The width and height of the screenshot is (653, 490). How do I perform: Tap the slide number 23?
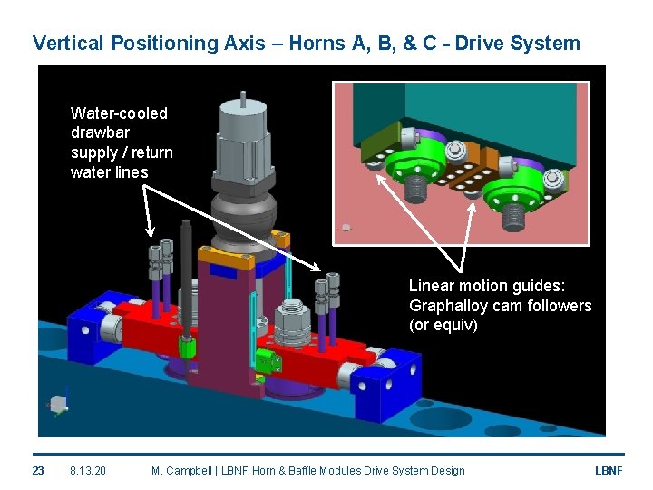coord(38,470)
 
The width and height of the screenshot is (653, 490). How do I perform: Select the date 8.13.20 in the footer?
coord(87,470)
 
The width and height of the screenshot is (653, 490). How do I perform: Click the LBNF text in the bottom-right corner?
coord(608,470)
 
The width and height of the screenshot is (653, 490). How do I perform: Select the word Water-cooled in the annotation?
coord(119,113)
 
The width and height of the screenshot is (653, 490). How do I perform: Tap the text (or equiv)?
coord(443,325)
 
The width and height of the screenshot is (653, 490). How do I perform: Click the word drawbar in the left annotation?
coord(100,132)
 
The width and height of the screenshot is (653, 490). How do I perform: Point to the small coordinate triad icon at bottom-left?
coord(58,404)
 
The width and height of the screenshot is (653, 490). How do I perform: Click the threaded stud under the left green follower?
coord(418,189)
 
